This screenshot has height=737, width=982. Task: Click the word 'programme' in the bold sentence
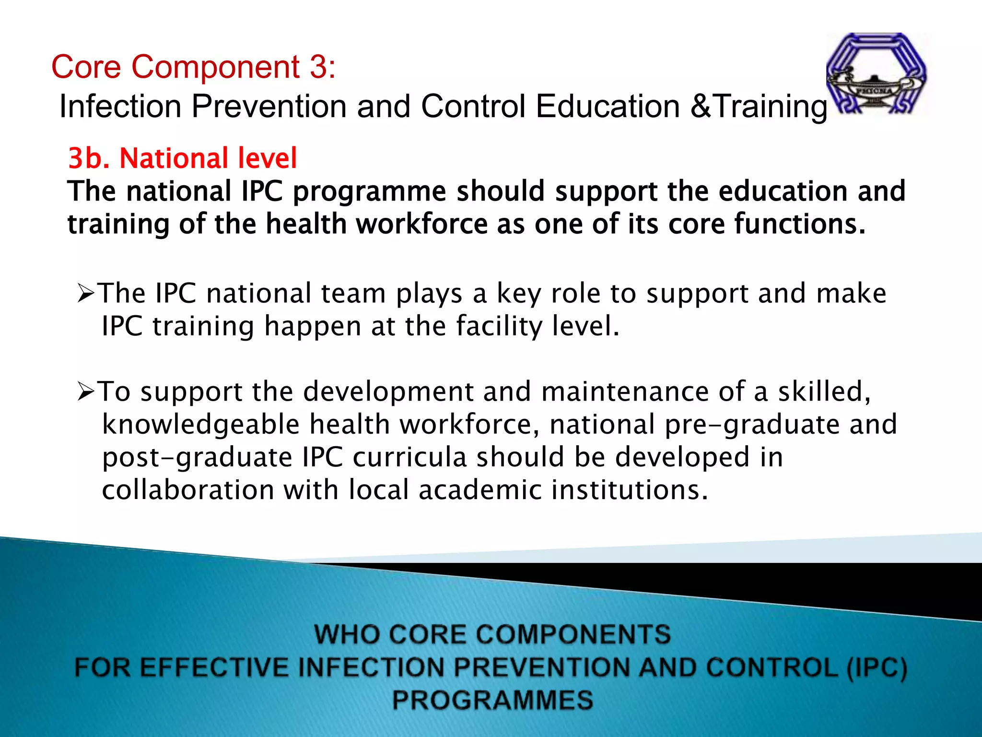[370, 192]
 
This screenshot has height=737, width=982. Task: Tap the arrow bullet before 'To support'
[86, 392]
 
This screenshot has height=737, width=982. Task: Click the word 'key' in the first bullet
[518, 294]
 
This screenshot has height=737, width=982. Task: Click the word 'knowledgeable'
[201, 425]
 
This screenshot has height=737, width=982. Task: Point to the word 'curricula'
[409, 457]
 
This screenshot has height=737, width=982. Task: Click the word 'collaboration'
[188, 490]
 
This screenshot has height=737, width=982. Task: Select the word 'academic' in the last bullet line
[479, 490]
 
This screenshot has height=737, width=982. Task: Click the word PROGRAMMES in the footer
[492, 700]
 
